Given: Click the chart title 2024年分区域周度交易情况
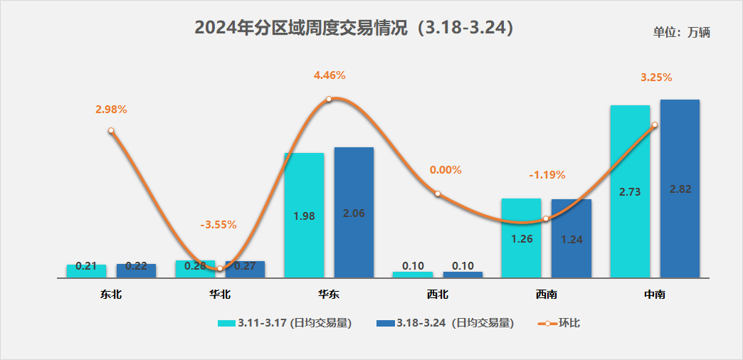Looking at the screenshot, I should [x=354, y=28].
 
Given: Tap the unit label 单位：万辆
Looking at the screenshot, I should [x=682, y=32].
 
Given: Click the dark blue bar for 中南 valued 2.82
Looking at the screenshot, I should [x=680, y=189].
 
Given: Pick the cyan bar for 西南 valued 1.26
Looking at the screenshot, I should [x=522, y=238].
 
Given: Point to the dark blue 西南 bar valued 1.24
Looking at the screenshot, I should [x=571, y=238].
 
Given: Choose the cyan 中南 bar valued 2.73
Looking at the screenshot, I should [x=630, y=191].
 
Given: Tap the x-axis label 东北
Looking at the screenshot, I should [x=111, y=293].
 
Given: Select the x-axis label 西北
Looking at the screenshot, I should [x=438, y=293].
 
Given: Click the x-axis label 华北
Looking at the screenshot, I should [x=220, y=293].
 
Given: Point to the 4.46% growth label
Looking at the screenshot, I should [x=329, y=75].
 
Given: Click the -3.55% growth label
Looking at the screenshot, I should [x=218, y=225].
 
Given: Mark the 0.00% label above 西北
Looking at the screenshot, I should [x=446, y=170].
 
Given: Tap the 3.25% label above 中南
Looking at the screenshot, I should [x=656, y=78].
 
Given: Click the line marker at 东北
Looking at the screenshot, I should [x=111, y=131].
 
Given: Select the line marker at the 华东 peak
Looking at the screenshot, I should [x=329, y=99].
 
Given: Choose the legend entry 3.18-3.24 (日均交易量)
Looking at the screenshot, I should [x=445, y=323].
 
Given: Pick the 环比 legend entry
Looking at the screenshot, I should [x=559, y=323].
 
